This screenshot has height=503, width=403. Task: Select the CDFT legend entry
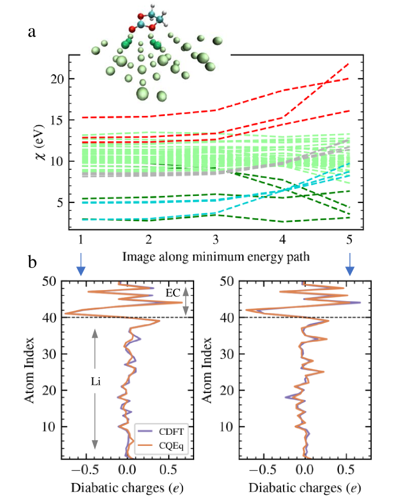point(166,430)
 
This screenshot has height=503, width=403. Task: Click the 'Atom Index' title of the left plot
point(29,369)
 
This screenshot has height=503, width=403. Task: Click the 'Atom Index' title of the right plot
point(208,369)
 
